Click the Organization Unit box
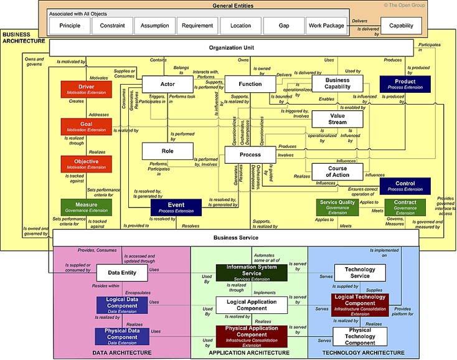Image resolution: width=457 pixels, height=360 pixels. (x=232, y=48)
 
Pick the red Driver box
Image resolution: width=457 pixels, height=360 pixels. (x=86, y=90)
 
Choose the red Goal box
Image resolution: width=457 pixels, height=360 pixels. (x=86, y=127)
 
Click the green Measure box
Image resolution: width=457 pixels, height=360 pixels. (x=86, y=207)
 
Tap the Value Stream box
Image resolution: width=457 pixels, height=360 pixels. (x=337, y=118)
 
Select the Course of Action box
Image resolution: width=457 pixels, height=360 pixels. (x=337, y=171)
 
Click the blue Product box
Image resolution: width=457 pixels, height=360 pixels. (x=405, y=84)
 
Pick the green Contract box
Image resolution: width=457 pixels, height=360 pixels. (x=405, y=207)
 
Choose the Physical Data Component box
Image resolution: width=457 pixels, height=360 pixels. (x=121, y=336)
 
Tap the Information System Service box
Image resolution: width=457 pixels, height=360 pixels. (x=252, y=272)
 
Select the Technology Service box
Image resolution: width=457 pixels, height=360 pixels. (x=361, y=272)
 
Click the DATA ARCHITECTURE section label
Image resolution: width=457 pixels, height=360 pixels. (x=123, y=353)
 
